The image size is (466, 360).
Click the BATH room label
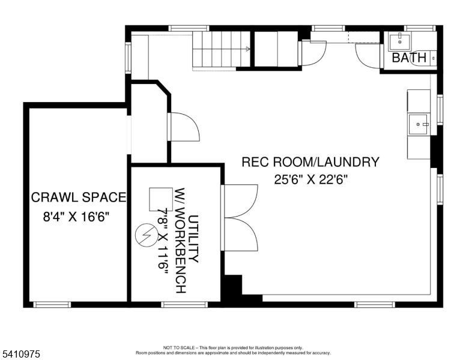point(409,58)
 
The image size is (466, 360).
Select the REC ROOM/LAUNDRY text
point(310,162)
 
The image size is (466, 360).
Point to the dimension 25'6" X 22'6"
point(310,179)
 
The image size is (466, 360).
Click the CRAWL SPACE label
point(78,197)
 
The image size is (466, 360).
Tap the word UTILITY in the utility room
point(193,239)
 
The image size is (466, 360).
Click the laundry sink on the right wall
point(419,125)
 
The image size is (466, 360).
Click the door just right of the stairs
point(312,53)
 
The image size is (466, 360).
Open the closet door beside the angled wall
point(184,127)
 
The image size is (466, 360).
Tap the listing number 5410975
point(21,355)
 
